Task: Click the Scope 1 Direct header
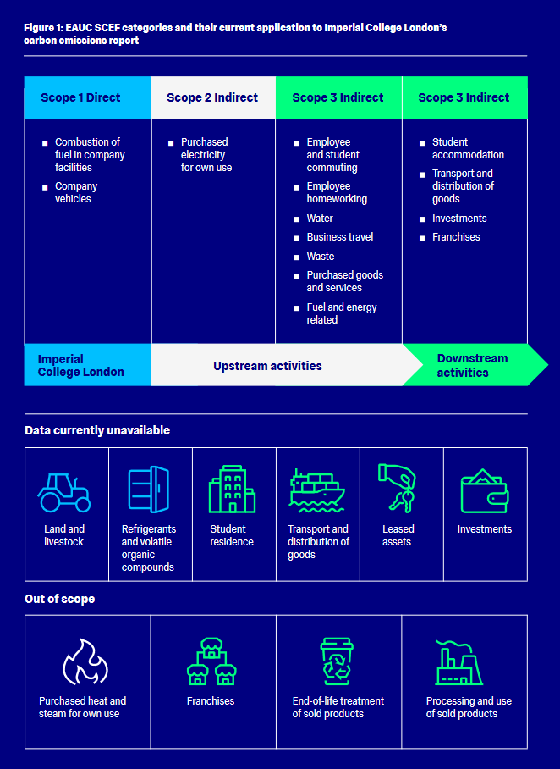80,97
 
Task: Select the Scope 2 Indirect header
212,97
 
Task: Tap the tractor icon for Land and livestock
64,492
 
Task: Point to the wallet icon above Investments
484,491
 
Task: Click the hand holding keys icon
397,488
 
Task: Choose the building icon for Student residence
232,489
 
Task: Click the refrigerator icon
148,490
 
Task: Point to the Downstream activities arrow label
463,366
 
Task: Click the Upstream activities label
267,366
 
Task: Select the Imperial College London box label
81,366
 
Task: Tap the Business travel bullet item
339,237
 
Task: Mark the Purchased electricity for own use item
206,155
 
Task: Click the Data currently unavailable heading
97,430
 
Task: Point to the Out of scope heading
60,599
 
